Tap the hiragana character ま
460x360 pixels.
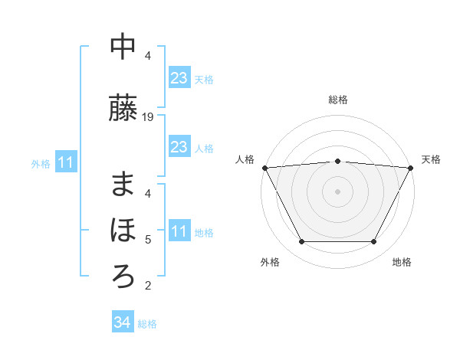(123, 185)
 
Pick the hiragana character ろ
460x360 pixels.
(123, 275)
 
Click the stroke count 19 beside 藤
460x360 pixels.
(148, 117)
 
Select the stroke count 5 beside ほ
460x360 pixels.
(148, 240)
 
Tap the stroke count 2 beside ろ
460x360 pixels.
(148, 286)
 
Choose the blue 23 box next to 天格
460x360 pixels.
(179, 78)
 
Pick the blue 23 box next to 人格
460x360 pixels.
(179, 147)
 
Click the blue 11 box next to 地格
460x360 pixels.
(179, 231)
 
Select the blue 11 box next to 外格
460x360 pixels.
(66, 162)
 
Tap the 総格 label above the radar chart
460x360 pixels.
(337, 100)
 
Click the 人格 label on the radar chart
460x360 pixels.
(245, 159)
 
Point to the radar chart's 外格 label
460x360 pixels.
(270, 262)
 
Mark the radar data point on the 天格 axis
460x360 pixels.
(411, 168)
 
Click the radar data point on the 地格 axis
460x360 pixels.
(373, 242)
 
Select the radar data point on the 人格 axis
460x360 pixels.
(264, 168)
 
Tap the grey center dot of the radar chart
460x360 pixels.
(337, 191)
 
